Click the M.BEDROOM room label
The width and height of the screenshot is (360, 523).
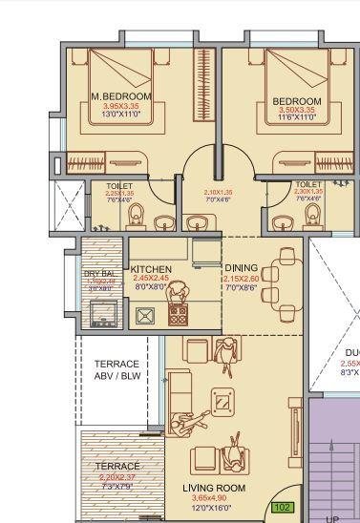click(121, 97)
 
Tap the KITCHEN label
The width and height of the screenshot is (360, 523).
click(151, 270)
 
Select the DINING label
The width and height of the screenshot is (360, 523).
click(241, 268)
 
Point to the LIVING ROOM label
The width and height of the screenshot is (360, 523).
click(214, 488)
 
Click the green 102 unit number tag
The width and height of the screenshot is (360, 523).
click(284, 508)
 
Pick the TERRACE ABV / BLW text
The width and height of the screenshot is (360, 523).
click(116, 370)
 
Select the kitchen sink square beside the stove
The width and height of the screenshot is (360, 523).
click(146, 316)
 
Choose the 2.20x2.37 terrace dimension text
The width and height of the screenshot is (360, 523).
click(117, 476)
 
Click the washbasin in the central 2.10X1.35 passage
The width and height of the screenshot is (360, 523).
click(199, 223)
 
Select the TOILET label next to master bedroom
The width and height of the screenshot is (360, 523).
click(119, 186)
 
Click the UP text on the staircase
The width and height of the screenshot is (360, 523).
click(332, 518)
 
